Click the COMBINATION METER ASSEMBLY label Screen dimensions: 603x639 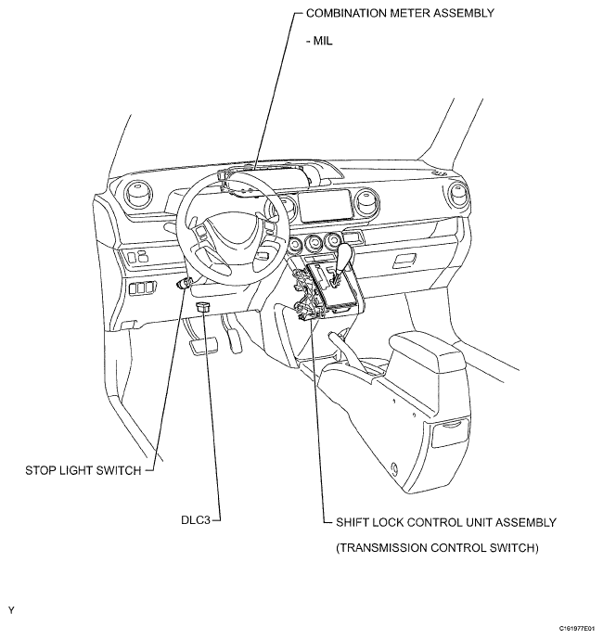pos(400,13)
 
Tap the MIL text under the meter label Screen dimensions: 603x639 pos(319,41)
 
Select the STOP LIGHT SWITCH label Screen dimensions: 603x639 pos(83,470)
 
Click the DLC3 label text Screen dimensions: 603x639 pos(196,520)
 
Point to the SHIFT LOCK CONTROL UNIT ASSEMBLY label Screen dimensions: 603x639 pos(446,522)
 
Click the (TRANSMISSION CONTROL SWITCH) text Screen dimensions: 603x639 pos(437,548)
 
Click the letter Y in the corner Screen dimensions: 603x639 pos(11,610)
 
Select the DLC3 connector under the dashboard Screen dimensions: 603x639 pos(203,307)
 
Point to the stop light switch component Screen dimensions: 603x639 pos(184,283)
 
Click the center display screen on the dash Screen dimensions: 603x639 pos(325,206)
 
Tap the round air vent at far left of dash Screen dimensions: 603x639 pos(138,194)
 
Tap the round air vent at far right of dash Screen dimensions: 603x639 pos(456,196)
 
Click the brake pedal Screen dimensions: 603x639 pos(203,345)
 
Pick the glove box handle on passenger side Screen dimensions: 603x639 pos(404,261)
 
